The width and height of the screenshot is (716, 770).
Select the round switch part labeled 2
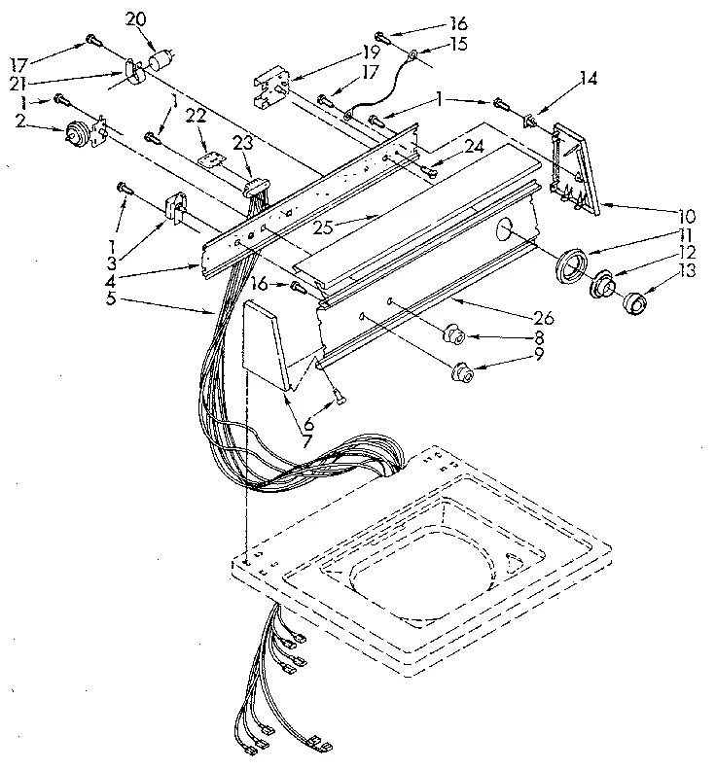[78, 132]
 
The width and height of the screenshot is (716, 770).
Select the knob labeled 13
[634, 304]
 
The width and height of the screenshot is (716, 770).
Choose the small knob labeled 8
[453, 336]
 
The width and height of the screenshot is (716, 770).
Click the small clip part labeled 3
[175, 207]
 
